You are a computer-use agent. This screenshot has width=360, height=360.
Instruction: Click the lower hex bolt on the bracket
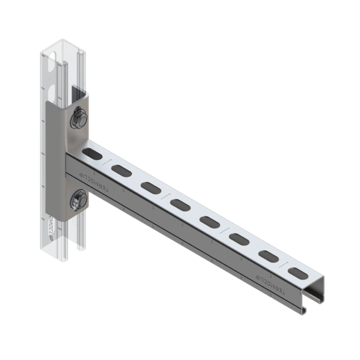77,201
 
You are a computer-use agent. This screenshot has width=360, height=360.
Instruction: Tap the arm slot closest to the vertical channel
93,154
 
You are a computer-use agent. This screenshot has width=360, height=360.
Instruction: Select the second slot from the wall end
121,170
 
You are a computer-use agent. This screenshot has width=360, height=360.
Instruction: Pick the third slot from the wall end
151,188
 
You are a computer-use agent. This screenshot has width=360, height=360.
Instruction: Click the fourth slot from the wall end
180,204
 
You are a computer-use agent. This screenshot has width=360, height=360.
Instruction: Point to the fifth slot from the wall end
209,221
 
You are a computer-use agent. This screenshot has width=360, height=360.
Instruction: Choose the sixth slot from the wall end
239,239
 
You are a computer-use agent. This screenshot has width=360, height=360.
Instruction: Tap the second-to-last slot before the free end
268,256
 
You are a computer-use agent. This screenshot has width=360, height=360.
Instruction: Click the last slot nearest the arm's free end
297,273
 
